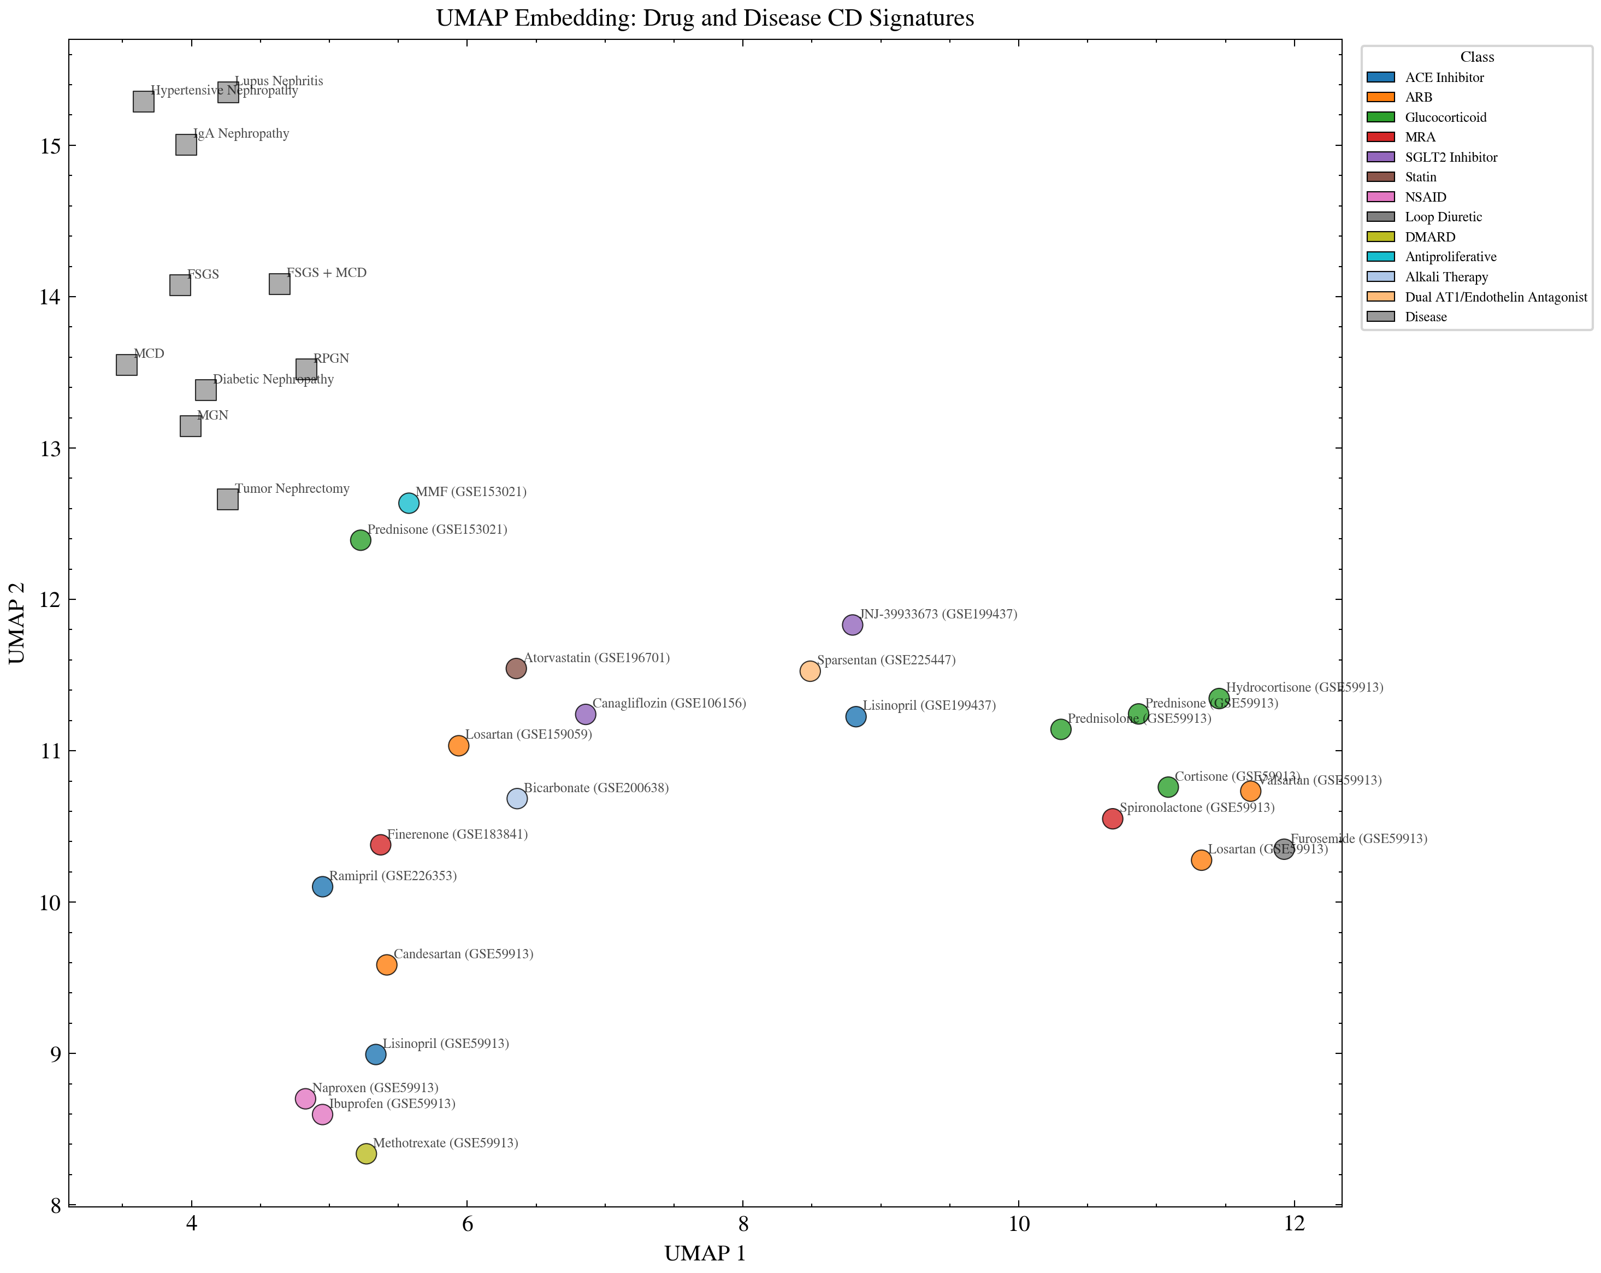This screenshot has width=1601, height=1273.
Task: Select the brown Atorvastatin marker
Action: tap(516, 668)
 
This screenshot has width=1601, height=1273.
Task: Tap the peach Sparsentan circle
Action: tap(810, 671)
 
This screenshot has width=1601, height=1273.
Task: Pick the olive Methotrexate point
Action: tap(366, 1153)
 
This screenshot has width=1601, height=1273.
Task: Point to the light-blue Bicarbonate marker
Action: tap(517, 798)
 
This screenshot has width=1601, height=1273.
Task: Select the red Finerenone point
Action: tap(380, 845)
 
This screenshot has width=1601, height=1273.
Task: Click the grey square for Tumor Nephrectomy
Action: tap(227, 499)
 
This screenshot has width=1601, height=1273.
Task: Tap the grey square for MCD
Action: tap(126, 364)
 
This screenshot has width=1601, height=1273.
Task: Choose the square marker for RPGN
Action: tap(306, 369)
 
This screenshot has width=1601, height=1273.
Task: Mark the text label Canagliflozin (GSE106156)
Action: tap(669, 703)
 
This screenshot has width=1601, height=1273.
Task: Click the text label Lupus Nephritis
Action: tap(279, 81)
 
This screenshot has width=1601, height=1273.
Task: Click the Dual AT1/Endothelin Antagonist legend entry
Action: tap(1496, 297)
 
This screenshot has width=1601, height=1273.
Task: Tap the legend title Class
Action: tap(1476, 57)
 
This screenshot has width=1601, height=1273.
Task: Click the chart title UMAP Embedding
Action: tap(704, 18)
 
